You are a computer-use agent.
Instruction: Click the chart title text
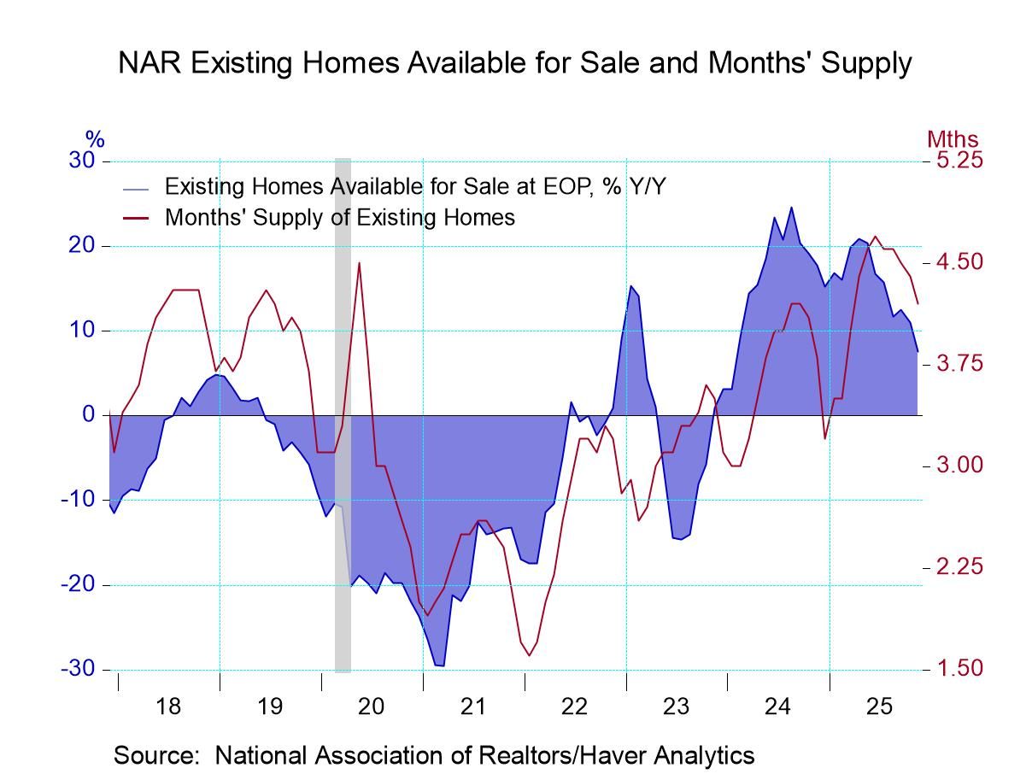tap(515, 63)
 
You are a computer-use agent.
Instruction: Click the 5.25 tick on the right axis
tap(959, 161)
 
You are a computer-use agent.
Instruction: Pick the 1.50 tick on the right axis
tap(959, 668)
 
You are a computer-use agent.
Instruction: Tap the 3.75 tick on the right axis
tap(959, 364)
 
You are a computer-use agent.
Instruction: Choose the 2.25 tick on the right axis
tap(959, 566)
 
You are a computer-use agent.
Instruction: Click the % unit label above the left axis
tap(94, 139)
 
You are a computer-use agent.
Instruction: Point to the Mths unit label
tap(953, 139)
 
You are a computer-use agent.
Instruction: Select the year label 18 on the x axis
tap(168, 707)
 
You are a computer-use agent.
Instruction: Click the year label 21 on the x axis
tap(473, 707)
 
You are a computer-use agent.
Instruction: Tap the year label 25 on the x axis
tap(880, 707)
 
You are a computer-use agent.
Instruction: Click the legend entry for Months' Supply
tap(339, 217)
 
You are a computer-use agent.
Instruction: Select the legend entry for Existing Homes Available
tap(414, 186)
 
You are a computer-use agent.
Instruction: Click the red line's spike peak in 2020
tap(359, 263)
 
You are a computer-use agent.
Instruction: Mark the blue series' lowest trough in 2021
tap(439, 666)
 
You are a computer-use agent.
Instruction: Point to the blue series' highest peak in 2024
tap(790, 208)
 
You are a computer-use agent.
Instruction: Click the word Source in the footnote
tap(160, 755)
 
